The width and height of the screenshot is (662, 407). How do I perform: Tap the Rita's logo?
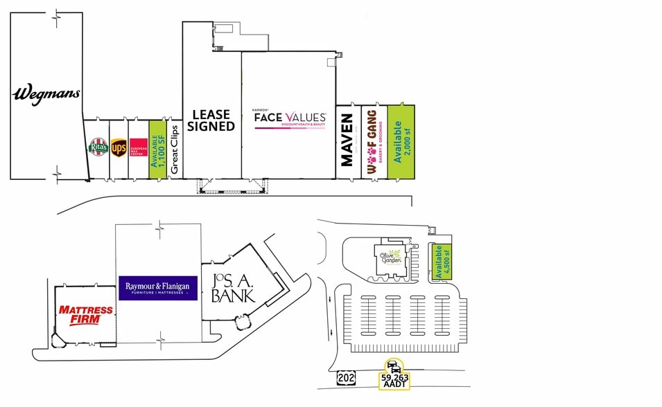coord(96,147)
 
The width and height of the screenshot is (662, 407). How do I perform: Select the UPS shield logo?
coord(119,147)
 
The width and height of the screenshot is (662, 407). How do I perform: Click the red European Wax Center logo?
coord(139,148)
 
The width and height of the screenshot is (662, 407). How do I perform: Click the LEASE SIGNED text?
coord(211,121)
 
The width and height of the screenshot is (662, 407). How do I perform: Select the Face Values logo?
coord(289,119)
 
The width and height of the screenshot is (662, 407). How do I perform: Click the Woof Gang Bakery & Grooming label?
coord(373,141)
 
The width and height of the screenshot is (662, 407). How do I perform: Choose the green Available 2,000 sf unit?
coord(401,142)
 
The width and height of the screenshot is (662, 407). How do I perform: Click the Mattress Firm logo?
coord(85,315)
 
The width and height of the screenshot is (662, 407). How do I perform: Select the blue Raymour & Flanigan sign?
coord(159,288)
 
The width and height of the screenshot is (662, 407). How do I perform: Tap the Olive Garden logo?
coord(390,257)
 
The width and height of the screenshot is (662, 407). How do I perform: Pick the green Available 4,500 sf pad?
coord(439,262)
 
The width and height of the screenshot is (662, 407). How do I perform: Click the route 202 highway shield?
coord(345,378)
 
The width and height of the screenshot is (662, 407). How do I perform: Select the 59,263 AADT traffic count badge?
coord(394,378)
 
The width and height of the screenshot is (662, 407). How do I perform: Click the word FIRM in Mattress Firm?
coord(85,320)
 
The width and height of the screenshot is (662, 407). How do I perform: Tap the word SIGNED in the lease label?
coord(211,127)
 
